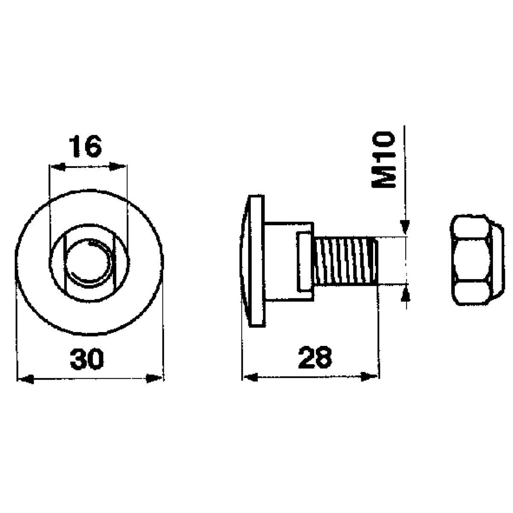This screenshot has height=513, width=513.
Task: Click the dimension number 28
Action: (315, 357)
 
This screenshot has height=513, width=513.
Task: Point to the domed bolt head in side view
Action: (253, 261)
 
